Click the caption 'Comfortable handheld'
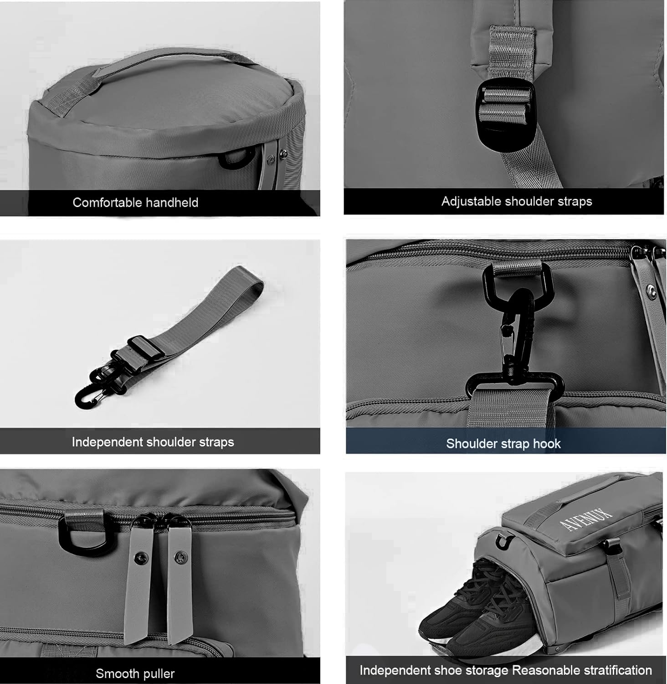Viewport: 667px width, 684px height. (135, 202)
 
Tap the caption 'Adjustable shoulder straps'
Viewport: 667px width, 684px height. (517, 202)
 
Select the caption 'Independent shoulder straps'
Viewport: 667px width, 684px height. (153, 442)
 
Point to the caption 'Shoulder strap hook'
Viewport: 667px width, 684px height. (503, 444)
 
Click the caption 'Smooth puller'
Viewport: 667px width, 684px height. (135, 674)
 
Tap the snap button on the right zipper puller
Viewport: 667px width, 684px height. (178, 556)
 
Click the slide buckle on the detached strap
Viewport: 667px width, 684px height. (145, 349)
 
